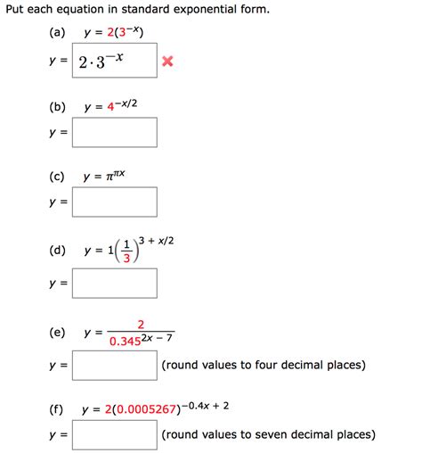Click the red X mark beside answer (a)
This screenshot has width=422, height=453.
[x=166, y=62]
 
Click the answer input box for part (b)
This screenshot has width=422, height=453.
[x=115, y=133]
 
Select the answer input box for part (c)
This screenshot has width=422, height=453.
[x=115, y=202]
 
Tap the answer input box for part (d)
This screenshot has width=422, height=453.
[x=115, y=284]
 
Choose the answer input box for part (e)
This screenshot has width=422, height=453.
[x=115, y=366]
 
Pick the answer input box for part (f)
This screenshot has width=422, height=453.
[x=115, y=435]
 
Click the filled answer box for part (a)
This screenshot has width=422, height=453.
[x=115, y=62]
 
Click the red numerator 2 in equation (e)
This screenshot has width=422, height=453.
[x=141, y=324]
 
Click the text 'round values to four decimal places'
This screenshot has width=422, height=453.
[x=264, y=366]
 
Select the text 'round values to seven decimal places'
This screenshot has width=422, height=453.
[x=268, y=435]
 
